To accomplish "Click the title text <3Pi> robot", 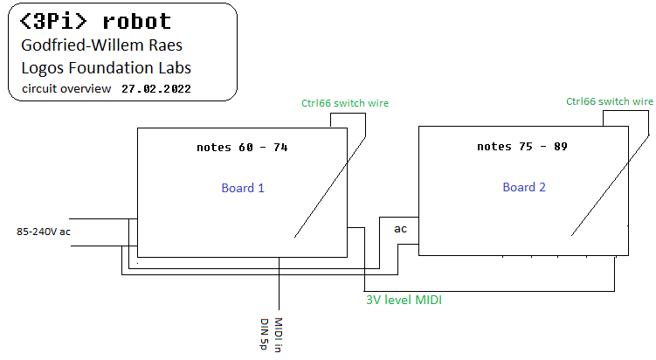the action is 95,21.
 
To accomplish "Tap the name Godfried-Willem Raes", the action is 101,45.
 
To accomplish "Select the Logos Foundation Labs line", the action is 107,68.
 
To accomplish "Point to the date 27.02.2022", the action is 156,89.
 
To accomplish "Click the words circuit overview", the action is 66,89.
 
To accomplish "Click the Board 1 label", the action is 243,188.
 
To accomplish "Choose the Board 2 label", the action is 524,187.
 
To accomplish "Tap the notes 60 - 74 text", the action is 242,148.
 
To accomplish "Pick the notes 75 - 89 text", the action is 522,147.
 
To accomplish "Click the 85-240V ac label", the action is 44,232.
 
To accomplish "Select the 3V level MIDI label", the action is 404,300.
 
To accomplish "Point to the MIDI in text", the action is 279,335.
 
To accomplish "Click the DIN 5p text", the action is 264,334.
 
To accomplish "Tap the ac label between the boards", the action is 400,229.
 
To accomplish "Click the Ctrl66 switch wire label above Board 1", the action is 345,103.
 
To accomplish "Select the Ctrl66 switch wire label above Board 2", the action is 609,101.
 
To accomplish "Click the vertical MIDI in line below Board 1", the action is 279,283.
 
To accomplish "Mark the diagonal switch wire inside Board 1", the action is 330,187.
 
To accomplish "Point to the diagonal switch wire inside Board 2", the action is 610,185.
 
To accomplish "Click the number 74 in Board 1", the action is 280,148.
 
